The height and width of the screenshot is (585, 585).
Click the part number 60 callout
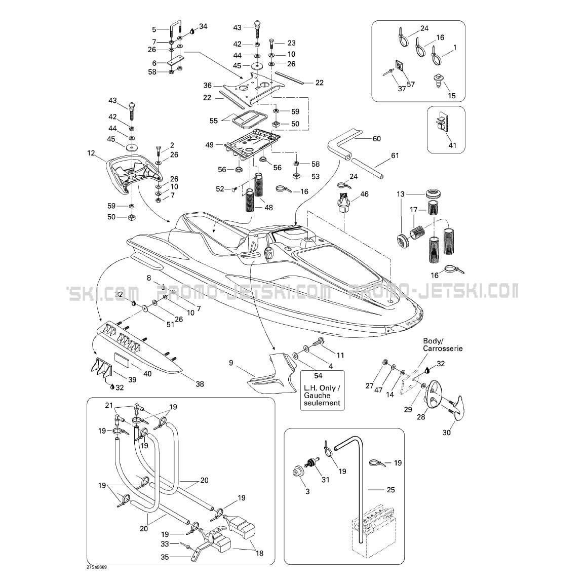376,139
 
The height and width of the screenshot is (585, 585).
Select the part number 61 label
395,156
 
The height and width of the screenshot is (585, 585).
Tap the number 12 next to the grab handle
91,152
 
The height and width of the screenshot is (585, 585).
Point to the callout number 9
231,363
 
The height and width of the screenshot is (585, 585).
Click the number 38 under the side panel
200,384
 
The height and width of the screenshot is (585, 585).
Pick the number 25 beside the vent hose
390,490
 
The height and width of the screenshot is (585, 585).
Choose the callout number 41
452,145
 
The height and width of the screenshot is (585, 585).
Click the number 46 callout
364,194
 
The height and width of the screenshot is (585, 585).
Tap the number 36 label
208,86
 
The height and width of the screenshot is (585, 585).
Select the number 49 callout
209,145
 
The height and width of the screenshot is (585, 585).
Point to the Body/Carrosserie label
436,345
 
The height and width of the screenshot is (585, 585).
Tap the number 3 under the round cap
293,491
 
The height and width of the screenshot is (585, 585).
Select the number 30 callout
446,433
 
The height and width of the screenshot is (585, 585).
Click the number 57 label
411,84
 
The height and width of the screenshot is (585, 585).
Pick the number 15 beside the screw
452,96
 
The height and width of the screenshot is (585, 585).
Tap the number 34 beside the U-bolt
203,26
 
